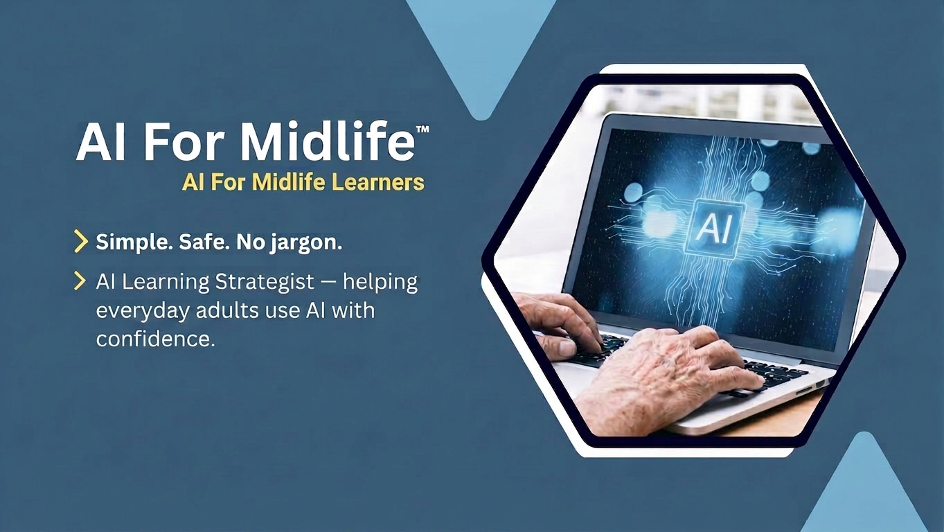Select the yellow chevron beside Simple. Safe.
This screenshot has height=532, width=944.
click(80, 242)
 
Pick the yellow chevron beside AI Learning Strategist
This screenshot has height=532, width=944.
click(80, 281)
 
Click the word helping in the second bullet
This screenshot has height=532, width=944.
click(380, 282)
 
